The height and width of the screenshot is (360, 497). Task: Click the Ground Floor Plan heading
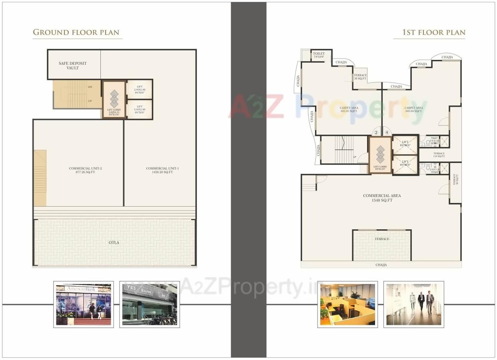point(76,32)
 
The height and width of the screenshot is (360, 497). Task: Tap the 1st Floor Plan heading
point(433,32)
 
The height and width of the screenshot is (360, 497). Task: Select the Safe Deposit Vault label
point(72,66)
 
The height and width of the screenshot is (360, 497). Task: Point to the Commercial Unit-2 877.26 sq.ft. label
point(82,170)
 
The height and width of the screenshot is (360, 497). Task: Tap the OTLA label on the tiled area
point(114,243)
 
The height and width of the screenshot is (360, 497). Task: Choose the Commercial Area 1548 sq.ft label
point(381,198)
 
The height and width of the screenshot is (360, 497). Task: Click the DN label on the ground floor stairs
point(90,87)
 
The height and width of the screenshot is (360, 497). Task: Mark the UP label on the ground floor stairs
point(90,101)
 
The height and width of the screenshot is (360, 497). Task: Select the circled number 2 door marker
point(376,133)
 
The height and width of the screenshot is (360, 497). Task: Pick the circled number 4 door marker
point(387,133)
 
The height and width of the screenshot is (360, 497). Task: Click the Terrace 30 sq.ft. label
point(360,77)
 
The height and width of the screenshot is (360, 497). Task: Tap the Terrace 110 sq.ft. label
point(439,155)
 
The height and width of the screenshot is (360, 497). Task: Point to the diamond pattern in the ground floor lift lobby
point(114,99)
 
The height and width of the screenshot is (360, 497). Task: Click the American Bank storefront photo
point(84,304)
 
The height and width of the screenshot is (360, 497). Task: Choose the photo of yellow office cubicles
point(347,304)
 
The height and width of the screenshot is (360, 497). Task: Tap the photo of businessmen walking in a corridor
point(413,304)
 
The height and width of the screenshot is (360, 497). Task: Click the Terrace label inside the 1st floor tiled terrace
point(381,239)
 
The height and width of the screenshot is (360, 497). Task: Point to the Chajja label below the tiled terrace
point(381,265)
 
